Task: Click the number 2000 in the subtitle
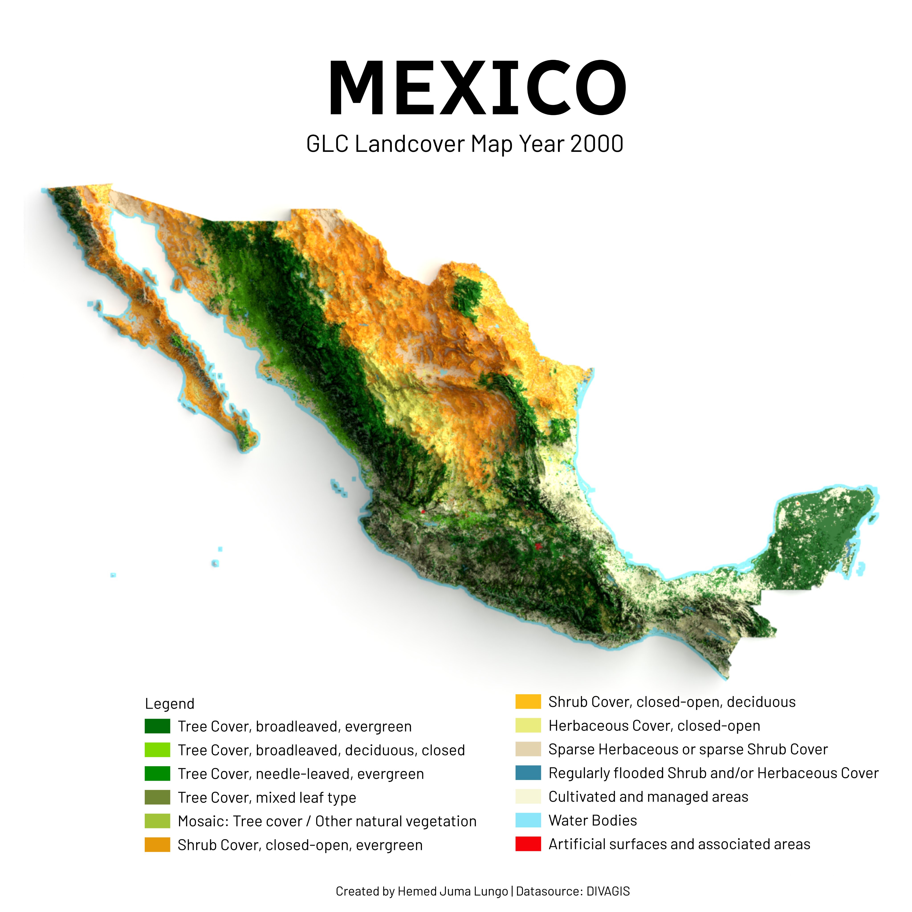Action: (x=597, y=144)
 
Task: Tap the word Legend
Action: (x=169, y=704)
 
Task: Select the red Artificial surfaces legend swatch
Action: (x=528, y=844)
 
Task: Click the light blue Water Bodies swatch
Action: (x=528, y=820)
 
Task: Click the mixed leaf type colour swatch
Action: (x=157, y=797)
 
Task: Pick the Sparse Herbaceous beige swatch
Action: (x=528, y=749)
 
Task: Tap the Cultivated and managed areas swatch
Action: (x=528, y=797)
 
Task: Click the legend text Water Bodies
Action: (x=592, y=820)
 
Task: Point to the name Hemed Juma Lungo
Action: (x=452, y=891)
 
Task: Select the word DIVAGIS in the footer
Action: (x=608, y=891)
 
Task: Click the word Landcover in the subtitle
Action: (x=410, y=144)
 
